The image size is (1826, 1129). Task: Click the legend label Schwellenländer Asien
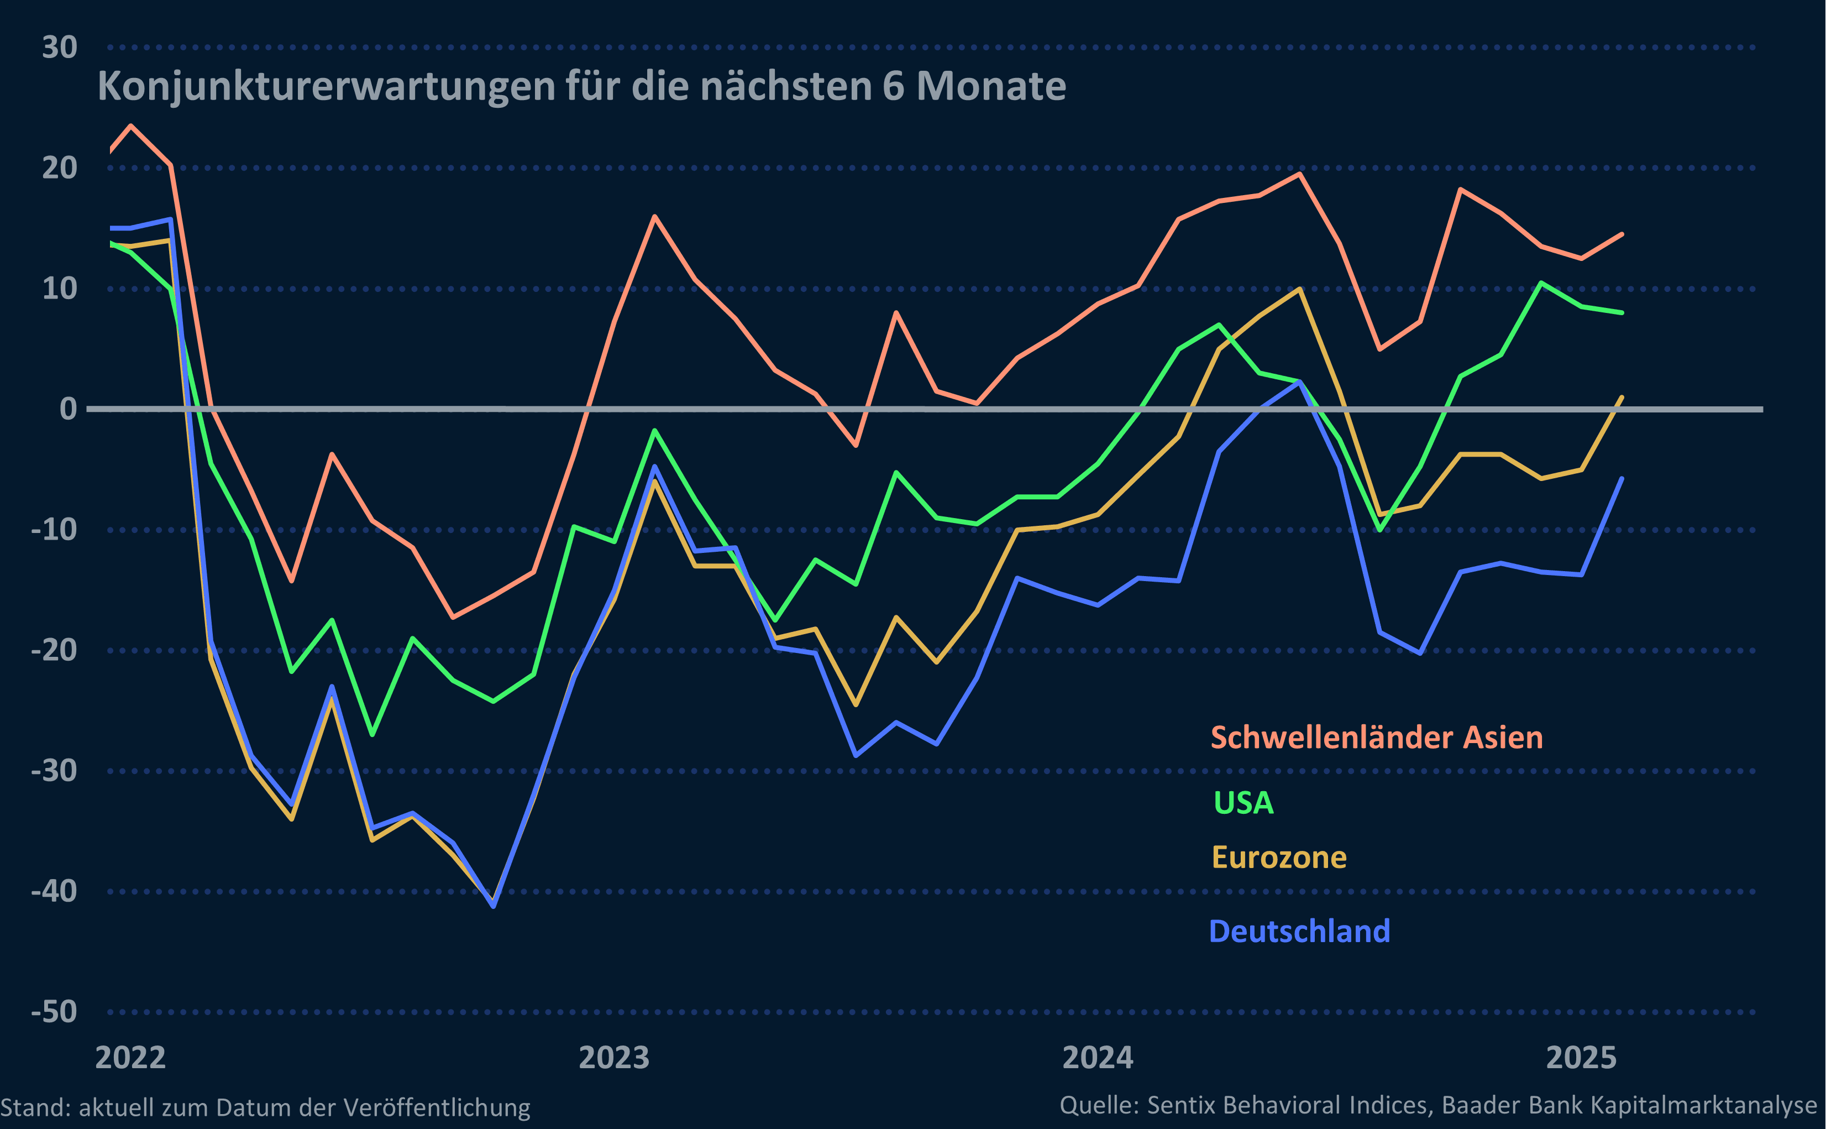[x=1376, y=738]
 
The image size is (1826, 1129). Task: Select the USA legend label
[x=1243, y=803]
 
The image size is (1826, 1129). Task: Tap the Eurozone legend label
[x=1279, y=857]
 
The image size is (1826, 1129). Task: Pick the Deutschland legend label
[x=1299, y=931]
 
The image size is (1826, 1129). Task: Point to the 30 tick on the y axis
[x=60, y=48]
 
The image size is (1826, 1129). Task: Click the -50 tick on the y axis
[x=54, y=1012]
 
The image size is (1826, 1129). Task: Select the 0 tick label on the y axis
[x=68, y=409]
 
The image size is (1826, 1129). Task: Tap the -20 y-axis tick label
[x=54, y=650]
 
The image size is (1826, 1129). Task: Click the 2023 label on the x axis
[x=614, y=1058]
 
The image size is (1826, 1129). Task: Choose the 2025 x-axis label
[x=1581, y=1058]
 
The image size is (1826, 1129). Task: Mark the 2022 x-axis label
[x=130, y=1058]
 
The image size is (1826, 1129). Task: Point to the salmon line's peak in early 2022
[x=132, y=126]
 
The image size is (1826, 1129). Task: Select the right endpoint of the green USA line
[x=1622, y=313]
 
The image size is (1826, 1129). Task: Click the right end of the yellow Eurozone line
[x=1622, y=397]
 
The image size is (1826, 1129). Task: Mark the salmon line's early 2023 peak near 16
[x=654, y=217]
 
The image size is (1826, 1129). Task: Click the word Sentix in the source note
[x=1178, y=1105]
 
